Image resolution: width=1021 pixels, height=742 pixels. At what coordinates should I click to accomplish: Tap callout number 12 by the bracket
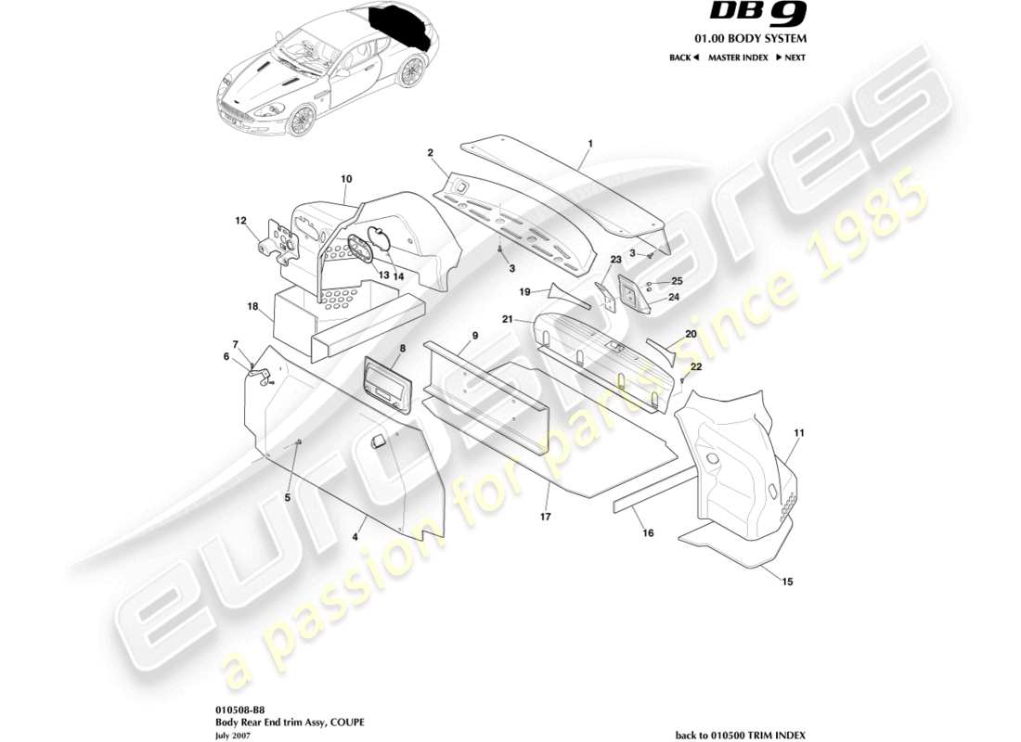click(240, 221)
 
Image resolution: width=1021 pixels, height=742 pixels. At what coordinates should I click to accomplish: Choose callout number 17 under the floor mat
click(547, 516)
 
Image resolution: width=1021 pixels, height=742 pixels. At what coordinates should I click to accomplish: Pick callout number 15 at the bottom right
click(788, 582)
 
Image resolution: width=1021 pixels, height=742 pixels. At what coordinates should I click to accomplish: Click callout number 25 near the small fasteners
click(677, 280)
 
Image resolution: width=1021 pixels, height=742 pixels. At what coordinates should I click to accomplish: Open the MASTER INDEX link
click(738, 58)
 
